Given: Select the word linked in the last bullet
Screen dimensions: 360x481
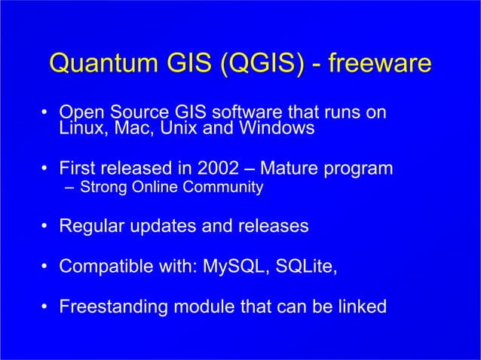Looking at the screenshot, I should (360, 307).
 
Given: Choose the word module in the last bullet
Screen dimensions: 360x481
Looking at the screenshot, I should (205, 307).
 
